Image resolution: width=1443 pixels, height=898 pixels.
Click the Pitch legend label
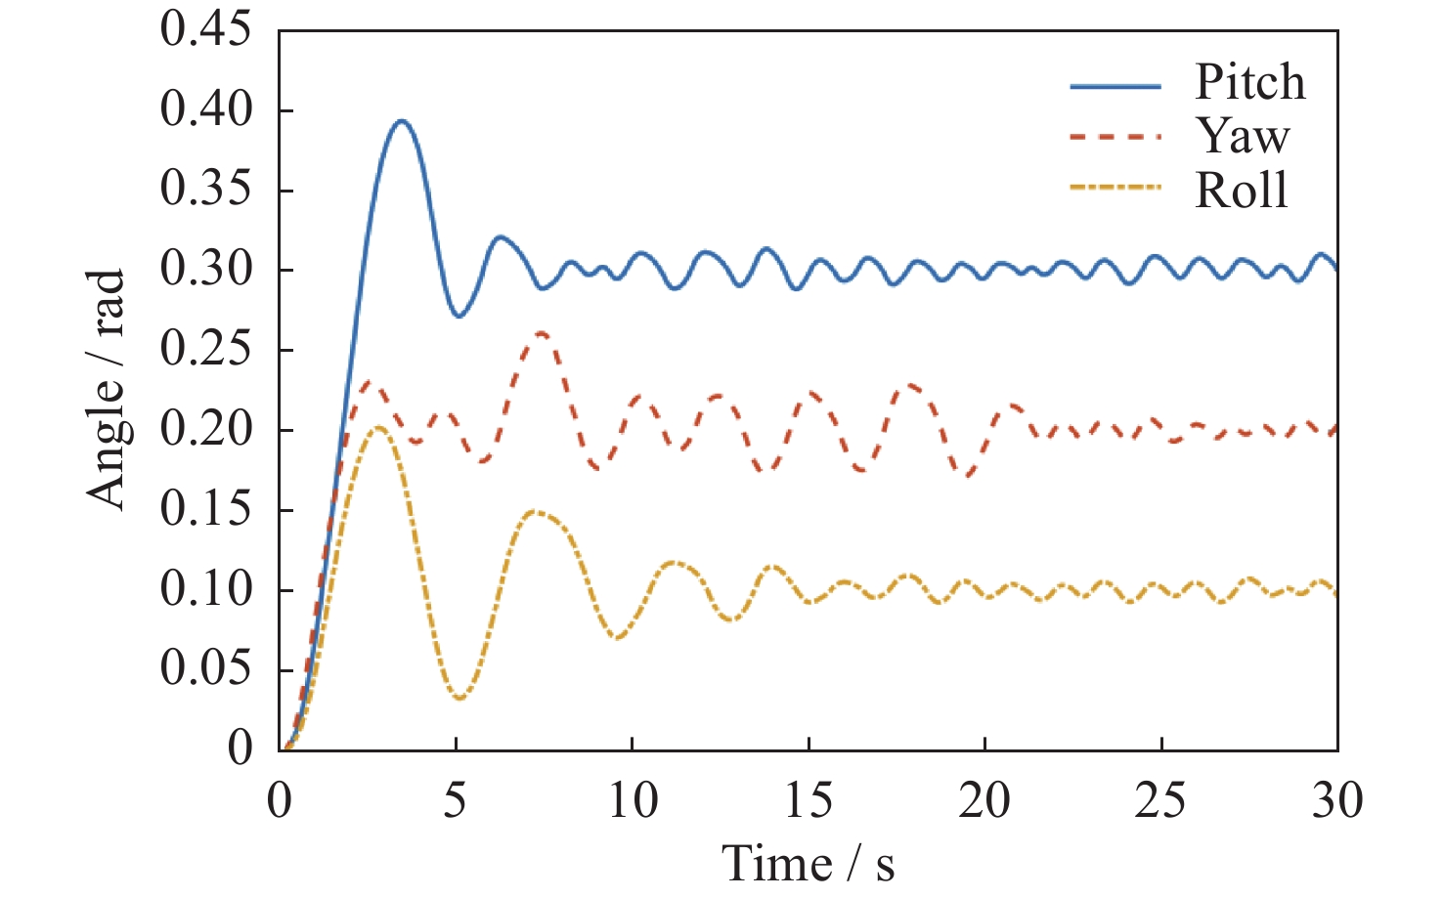click(1249, 82)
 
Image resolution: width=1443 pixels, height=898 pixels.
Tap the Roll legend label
click(1242, 190)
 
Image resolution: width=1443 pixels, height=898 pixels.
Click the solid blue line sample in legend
click(1115, 86)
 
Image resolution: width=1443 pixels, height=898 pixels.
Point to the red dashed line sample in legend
click(1115, 138)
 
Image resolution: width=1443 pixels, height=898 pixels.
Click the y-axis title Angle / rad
click(107, 388)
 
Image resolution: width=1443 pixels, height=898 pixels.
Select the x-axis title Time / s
click(808, 864)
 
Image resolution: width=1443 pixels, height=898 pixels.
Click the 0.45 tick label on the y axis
click(205, 29)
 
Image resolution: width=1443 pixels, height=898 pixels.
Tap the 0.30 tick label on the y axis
click(205, 270)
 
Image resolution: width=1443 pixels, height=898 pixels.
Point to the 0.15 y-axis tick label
click(205, 510)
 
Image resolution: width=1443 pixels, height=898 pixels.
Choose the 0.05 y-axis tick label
click(205, 670)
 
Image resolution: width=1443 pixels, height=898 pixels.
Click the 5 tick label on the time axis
click(456, 801)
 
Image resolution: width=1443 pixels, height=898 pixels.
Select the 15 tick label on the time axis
click(809, 801)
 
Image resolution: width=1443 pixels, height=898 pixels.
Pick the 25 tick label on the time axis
click(1160, 801)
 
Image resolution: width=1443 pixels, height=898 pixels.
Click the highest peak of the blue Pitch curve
click(401, 121)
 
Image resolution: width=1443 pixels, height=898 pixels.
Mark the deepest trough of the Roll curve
click(459, 698)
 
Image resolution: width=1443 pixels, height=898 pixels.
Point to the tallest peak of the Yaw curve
click(541, 333)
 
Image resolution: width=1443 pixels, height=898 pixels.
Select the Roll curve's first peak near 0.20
click(377, 427)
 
